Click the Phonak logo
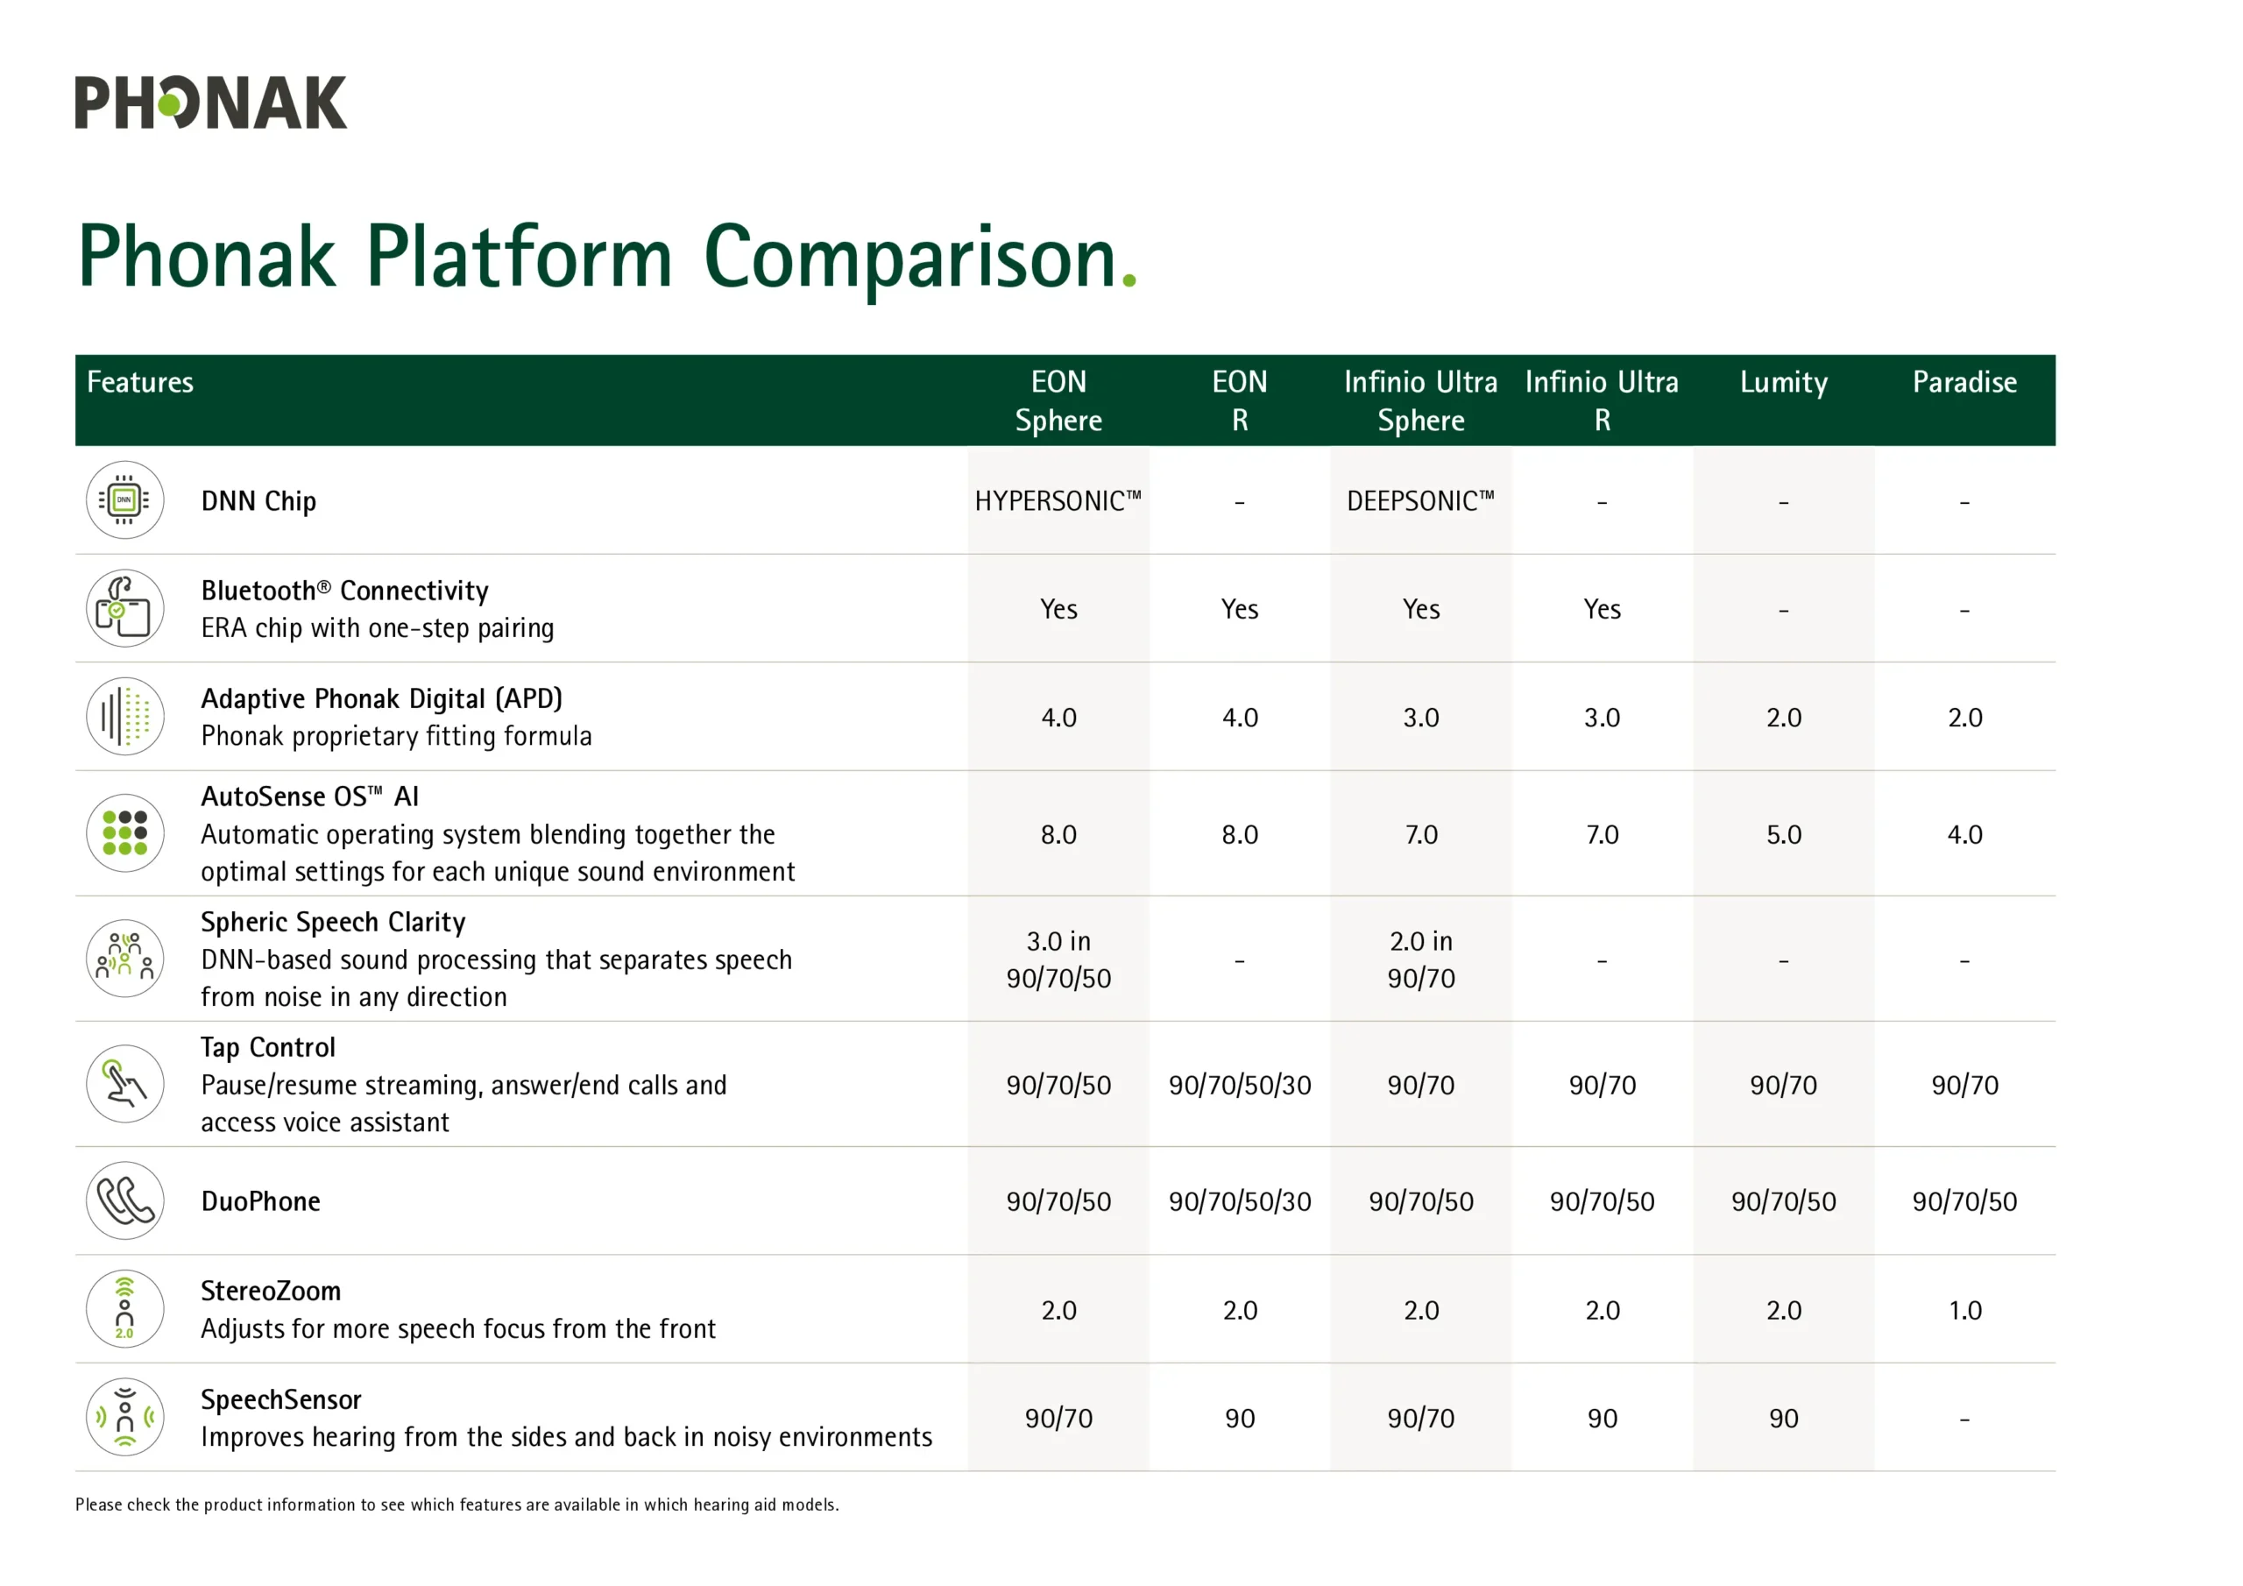coord(211,103)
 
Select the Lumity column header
coord(1783,383)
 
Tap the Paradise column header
coord(1964,382)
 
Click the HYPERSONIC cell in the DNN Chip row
coord(1058,500)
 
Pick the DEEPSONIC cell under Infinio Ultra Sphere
coord(1420,500)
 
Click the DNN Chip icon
coord(125,500)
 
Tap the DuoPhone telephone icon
coord(125,1201)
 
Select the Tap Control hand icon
coord(125,1084)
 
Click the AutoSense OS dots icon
coord(125,833)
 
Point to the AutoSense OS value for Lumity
coord(1783,834)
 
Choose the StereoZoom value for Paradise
coord(1964,1311)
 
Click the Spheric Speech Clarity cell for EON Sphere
coord(1058,959)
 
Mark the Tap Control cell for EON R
coord(1240,1085)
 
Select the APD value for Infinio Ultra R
coord(1603,718)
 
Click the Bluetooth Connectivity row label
coord(345,591)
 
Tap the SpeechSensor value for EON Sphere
coord(1058,1418)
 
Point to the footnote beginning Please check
coord(457,1505)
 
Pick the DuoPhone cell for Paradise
coord(1964,1201)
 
